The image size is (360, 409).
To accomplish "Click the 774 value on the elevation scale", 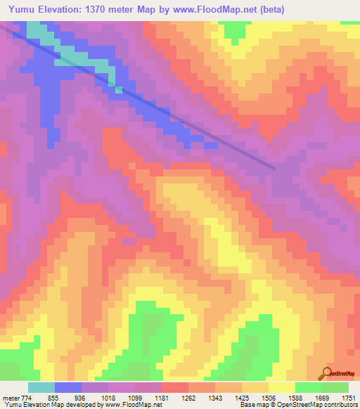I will coord(25,398).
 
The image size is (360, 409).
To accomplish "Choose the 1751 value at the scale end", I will coord(349,398).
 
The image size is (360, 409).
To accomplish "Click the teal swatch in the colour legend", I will coord(41,387).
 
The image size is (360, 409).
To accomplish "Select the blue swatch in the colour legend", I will coord(67,387).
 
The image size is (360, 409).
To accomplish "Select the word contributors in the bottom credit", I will coord(342,405).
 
